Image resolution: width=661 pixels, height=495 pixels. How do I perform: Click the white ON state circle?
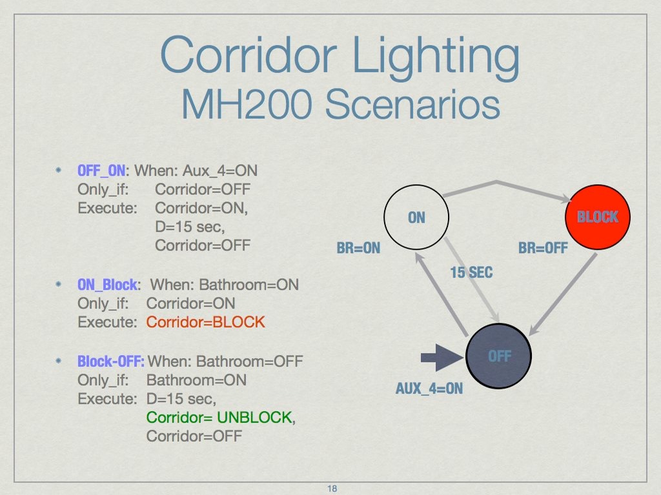pyautogui.click(x=416, y=217)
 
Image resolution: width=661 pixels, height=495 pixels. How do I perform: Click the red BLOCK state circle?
pyautogui.click(x=597, y=217)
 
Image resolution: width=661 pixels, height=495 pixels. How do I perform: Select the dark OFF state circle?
pyautogui.click(x=498, y=356)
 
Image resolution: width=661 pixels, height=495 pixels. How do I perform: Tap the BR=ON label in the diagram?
pyautogui.click(x=358, y=248)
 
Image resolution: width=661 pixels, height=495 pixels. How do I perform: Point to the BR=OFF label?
pyautogui.click(x=543, y=248)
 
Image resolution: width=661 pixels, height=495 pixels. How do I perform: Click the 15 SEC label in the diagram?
pyautogui.click(x=471, y=273)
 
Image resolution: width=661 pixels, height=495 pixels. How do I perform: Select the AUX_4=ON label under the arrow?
pyautogui.click(x=429, y=389)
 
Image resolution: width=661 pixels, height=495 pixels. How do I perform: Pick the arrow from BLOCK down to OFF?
pyautogui.click(x=562, y=294)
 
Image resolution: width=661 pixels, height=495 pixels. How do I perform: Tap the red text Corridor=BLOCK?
pyautogui.click(x=205, y=321)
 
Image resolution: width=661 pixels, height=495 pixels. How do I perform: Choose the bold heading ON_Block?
pyautogui.click(x=107, y=284)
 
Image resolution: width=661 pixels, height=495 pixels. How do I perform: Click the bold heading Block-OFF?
pyautogui.click(x=110, y=360)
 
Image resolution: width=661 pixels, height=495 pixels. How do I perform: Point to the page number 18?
pyautogui.click(x=332, y=489)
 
